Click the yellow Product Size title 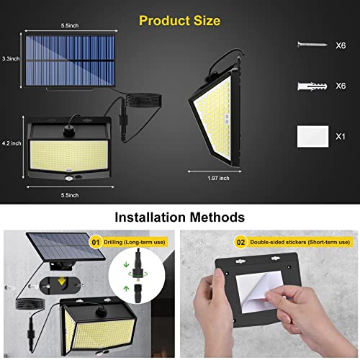[179, 21]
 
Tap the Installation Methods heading [179, 217]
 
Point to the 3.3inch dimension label [11, 58]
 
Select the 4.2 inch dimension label [12, 143]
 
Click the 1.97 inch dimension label [218, 178]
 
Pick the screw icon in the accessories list [312, 45]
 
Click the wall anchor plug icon [312, 86]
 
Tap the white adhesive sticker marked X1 [312, 136]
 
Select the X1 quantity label [341, 137]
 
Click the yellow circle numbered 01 [96, 242]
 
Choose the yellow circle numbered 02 [240, 242]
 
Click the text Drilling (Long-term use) [135, 242]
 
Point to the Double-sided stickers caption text [300, 242]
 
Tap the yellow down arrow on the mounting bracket [62, 281]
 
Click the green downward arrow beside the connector [126, 265]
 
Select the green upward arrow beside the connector [126, 289]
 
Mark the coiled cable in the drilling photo [30, 304]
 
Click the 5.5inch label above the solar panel [70, 25]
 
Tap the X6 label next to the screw [341, 45]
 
